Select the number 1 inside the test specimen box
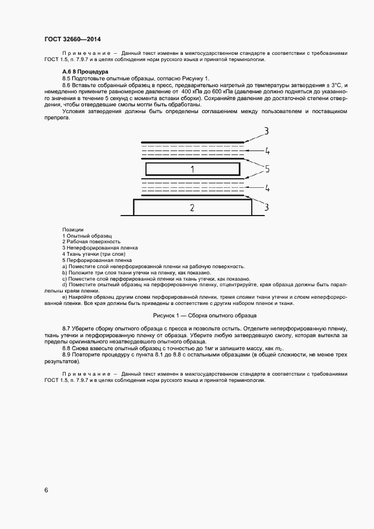coord(192,169)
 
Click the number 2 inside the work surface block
coord(192,208)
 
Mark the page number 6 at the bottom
coord(46,490)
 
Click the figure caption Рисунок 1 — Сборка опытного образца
coord(205,315)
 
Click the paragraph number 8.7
coord(66,328)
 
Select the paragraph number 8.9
coord(66,354)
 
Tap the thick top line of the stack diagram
coord(192,142)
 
